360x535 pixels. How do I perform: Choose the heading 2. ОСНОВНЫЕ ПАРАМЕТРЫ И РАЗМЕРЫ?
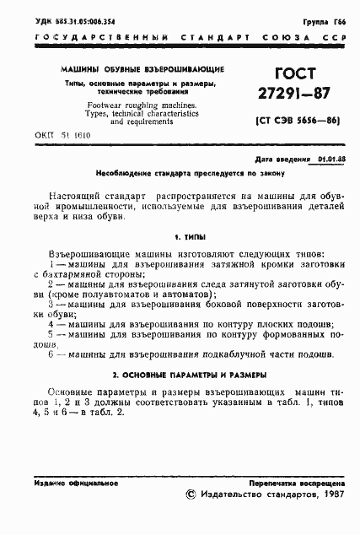tap(180, 373)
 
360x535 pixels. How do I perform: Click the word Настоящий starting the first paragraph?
tap(77, 194)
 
